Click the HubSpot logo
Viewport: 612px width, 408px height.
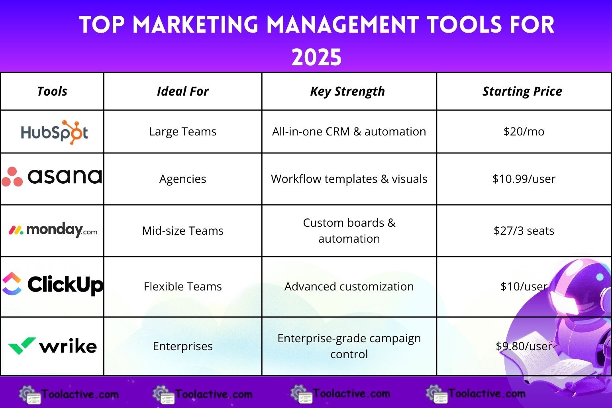point(54,132)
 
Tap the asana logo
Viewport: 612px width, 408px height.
point(52,176)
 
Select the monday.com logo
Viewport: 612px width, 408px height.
point(53,230)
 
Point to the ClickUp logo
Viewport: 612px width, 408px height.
point(53,284)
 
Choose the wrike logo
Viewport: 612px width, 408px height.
point(52,346)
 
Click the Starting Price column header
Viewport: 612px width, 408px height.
point(522,91)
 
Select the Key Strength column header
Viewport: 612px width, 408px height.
point(347,91)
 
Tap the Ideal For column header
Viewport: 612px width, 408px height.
point(182,91)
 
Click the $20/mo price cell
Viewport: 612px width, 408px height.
point(524,131)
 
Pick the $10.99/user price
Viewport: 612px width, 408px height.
point(524,179)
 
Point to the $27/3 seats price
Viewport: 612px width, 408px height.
point(524,231)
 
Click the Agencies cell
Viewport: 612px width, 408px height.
point(182,179)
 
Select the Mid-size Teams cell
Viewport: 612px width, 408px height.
point(182,231)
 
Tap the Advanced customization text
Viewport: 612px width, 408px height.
point(349,286)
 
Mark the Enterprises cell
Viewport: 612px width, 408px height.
point(182,346)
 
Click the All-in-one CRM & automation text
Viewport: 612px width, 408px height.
point(349,131)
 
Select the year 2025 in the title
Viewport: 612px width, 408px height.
point(316,57)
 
